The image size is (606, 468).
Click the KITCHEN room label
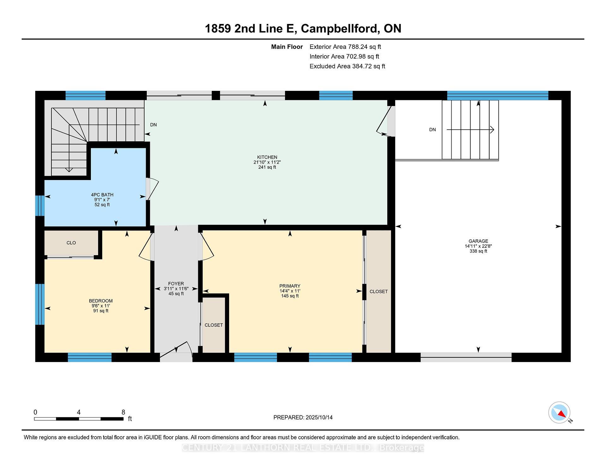267,157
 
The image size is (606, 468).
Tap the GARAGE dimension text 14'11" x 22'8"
478,246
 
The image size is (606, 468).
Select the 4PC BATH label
102,195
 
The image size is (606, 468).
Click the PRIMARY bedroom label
289,286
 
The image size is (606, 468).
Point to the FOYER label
176,284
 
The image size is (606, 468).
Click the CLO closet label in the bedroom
71,243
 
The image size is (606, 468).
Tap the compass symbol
559,412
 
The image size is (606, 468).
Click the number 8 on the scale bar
123,412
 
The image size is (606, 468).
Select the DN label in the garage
432,130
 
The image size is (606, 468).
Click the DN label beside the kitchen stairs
153,125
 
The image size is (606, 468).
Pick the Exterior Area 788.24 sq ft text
345,47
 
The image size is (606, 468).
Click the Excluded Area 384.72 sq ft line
347,66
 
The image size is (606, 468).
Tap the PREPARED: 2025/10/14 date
303,417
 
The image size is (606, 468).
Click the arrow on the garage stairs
470,130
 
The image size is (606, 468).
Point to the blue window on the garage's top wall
497,95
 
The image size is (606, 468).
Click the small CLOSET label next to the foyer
214,325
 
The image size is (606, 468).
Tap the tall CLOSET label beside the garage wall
378,292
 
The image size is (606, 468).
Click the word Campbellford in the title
340,28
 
